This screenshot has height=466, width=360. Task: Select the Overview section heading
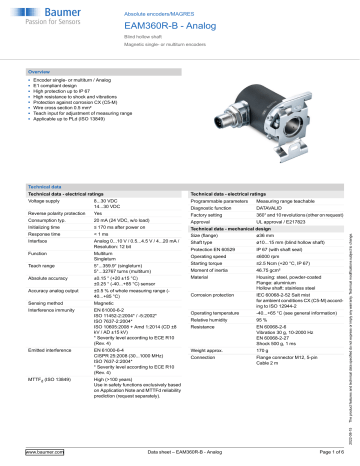tap(40, 73)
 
